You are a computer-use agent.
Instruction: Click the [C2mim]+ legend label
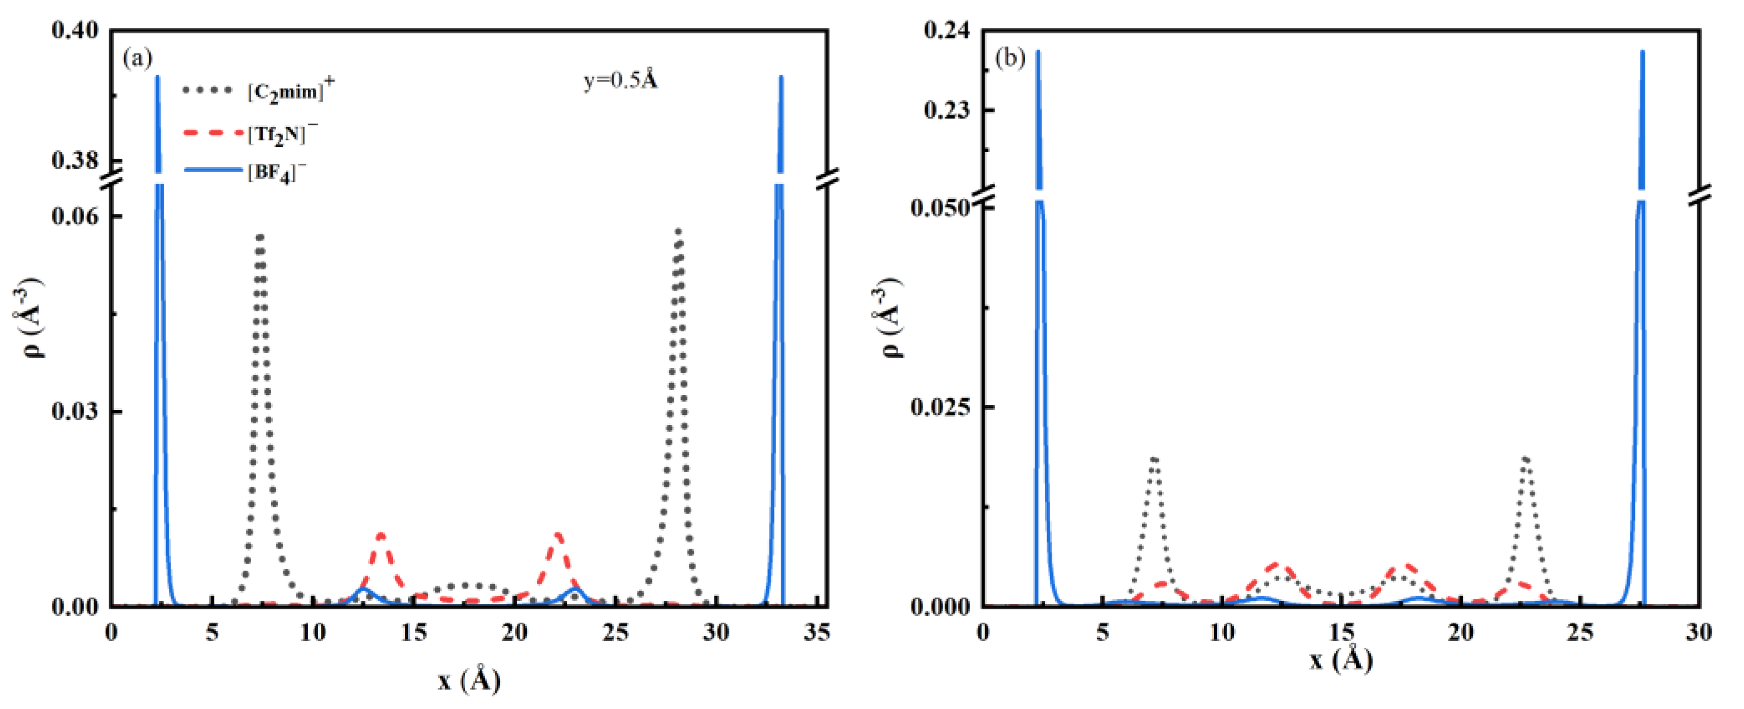tap(290, 90)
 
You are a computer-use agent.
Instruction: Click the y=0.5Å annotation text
tap(620, 81)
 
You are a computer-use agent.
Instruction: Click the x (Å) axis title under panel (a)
tap(468, 680)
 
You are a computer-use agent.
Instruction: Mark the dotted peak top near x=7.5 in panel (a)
tap(259, 236)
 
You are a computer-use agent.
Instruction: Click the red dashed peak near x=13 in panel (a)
tap(381, 536)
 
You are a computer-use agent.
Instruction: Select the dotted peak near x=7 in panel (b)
tap(1155, 459)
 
